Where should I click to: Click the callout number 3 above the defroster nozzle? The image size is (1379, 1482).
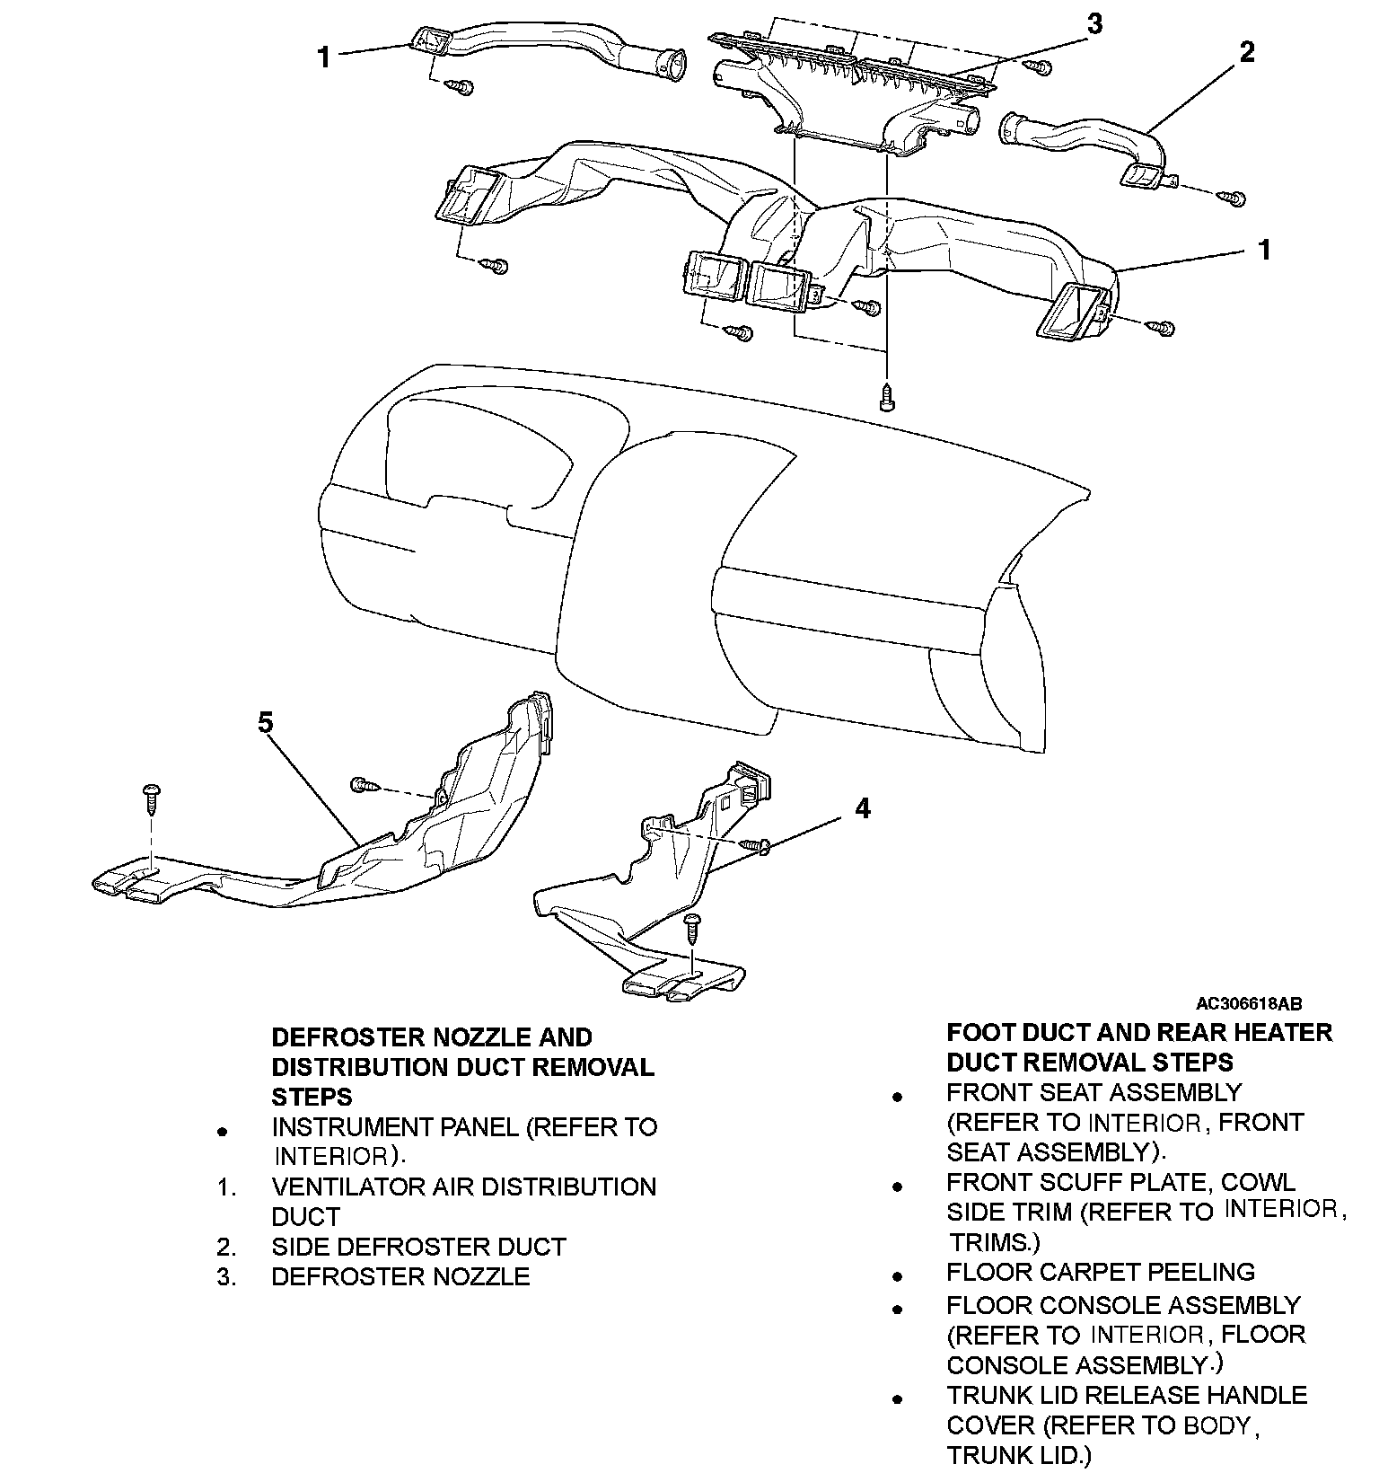point(1094,24)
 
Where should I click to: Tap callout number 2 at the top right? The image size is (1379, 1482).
point(1246,52)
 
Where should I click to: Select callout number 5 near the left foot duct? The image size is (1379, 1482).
point(266,722)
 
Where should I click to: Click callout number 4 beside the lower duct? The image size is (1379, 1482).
point(862,808)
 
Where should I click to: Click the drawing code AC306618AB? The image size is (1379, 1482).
point(1248,1004)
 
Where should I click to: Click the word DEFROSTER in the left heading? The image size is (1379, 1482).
point(348,1037)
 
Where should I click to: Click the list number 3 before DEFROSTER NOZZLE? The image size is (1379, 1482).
point(226,1276)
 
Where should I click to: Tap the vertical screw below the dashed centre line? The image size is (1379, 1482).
point(887,396)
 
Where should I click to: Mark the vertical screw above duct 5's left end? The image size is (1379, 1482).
point(151,797)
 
